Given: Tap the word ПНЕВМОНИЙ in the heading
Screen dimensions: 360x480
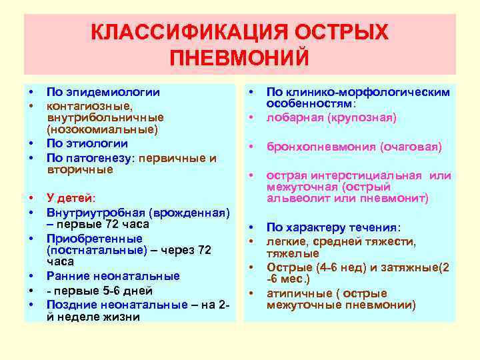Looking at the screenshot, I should point(240,57).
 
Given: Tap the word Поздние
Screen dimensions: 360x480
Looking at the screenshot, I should point(73,304).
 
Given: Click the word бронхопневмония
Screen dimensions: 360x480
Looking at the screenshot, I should point(321,147).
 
